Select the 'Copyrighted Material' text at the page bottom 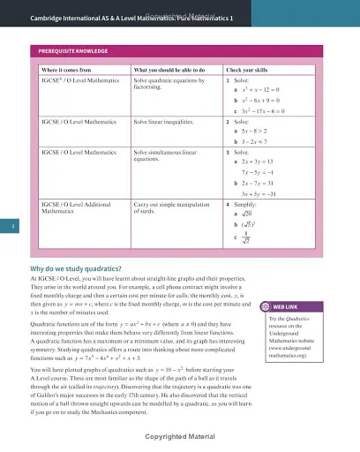pos(180,435)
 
